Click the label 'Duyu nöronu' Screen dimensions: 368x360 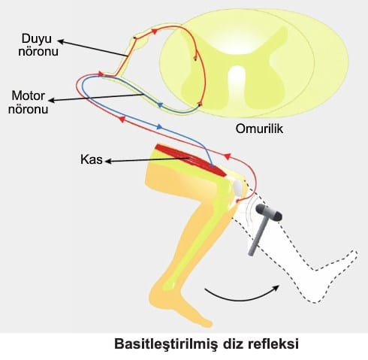(x=38, y=45)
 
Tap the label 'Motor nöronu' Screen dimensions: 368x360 (x=28, y=102)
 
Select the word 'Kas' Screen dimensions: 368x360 (x=92, y=159)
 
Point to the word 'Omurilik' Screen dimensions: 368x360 (x=259, y=129)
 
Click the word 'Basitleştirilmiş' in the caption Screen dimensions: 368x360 (x=166, y=344)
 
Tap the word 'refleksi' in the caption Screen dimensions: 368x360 (x=273, y=343)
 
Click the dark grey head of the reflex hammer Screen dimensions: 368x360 (x=269, y=212)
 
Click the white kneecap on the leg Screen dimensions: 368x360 (x=238, y=188)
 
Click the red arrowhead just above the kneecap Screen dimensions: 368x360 (x=227, y=156)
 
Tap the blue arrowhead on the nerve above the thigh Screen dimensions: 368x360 (x=159, y=127)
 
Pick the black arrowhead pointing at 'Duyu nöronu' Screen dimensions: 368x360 (x=61, y=41)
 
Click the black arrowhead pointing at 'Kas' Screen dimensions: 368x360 (x=108, y=161)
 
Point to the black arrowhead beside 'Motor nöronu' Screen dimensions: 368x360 (x=51, y=100)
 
